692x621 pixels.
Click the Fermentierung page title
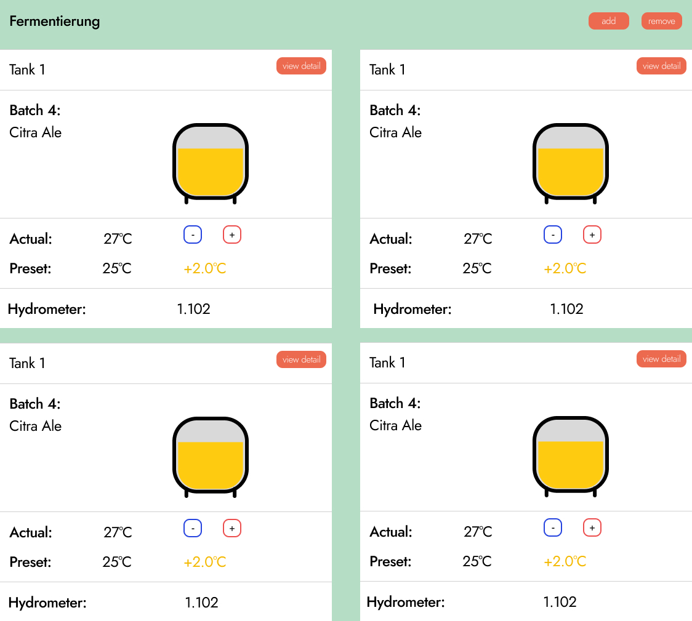pos(55,21)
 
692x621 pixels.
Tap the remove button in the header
pos(662,21)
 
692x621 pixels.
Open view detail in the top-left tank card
pos(301,66)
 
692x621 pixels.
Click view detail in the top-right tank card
pos(661,66)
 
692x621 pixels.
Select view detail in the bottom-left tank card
pos(301,359)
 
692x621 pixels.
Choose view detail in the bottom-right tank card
pos(661,359)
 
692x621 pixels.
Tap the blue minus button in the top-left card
pos(193,234)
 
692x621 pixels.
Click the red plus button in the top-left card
pos(231,234)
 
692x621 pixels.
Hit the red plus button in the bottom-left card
pos(231,528)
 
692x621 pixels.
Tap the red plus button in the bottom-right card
pos(592,527)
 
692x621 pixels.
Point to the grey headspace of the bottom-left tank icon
pos(211,432)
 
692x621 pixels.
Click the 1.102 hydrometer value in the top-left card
pos(193,309)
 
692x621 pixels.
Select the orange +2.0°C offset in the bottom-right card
pos(565,561)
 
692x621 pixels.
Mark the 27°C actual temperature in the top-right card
pos(478,239)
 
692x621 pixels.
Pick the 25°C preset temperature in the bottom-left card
pos(117,562)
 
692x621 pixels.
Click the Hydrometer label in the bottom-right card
pos(406,602)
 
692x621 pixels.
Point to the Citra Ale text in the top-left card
pos(36,132)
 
